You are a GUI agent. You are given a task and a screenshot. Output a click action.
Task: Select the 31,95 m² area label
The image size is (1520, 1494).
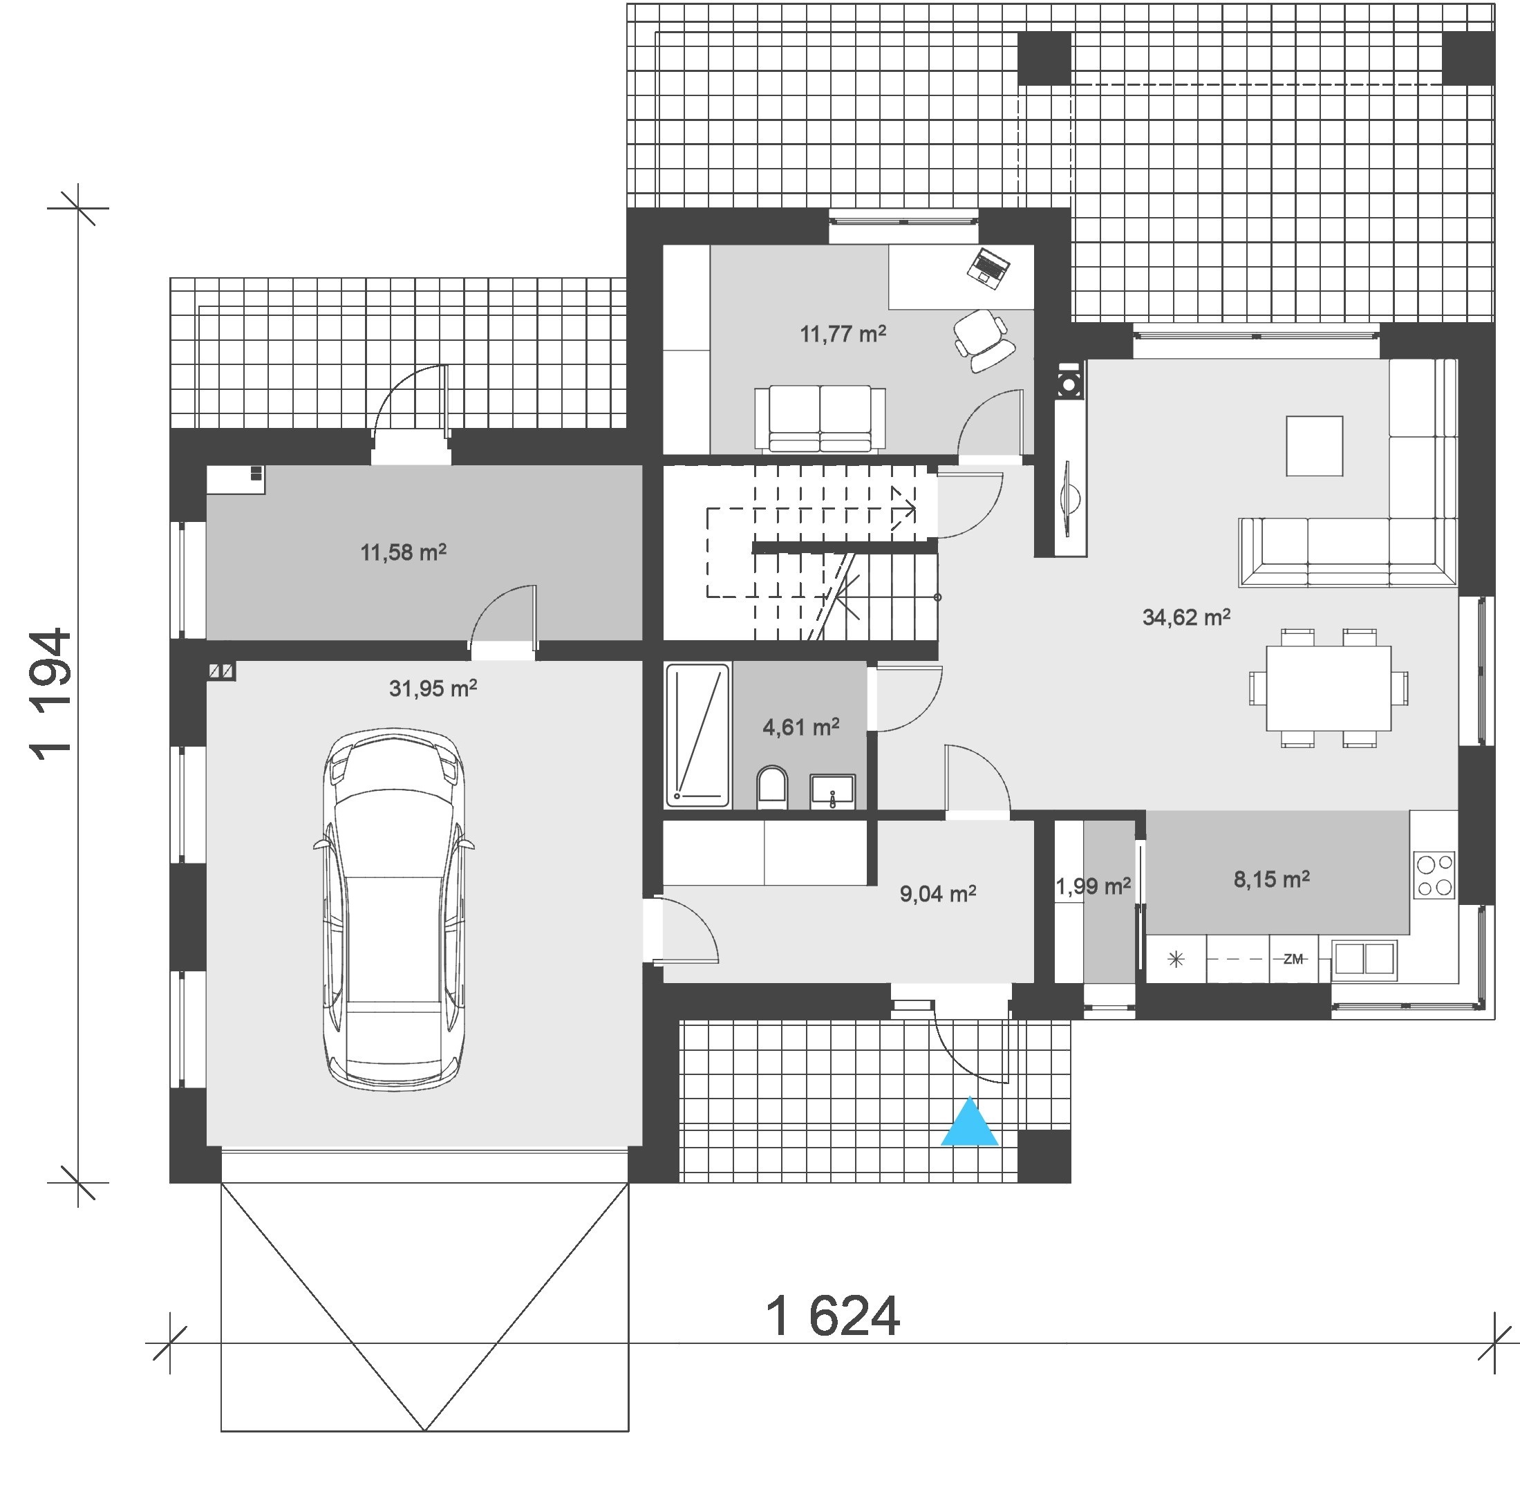(x=433, y=688)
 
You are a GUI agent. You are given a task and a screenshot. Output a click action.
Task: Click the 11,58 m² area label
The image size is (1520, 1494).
(x=404, y=552)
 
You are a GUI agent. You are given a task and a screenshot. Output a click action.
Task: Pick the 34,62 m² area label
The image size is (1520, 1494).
(x=1185, y=617)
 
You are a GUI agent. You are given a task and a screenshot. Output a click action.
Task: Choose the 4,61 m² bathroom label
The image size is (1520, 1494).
(x=801, y=727)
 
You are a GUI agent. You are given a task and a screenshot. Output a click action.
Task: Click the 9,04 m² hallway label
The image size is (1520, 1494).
(x=938, y=893)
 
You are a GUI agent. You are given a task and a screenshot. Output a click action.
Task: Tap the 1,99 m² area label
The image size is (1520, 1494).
(x=1093, y=887)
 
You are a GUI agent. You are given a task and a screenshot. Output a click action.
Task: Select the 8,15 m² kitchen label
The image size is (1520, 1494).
(x=1271, y=879)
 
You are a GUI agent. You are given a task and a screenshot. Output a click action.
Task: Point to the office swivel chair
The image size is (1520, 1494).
(x=983, y=339)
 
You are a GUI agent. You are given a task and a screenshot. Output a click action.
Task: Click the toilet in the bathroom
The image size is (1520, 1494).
(x=772, y=787)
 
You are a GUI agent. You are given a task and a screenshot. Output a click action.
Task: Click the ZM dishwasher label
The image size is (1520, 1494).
(x=1293, y=959)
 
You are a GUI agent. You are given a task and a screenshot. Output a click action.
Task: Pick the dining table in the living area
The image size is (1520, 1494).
(x=1328, y=687)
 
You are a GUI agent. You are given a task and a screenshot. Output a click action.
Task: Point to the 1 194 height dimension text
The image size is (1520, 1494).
(x=52, y=693)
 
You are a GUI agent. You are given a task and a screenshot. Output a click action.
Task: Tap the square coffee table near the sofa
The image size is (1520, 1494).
(x=1313, y=445)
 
